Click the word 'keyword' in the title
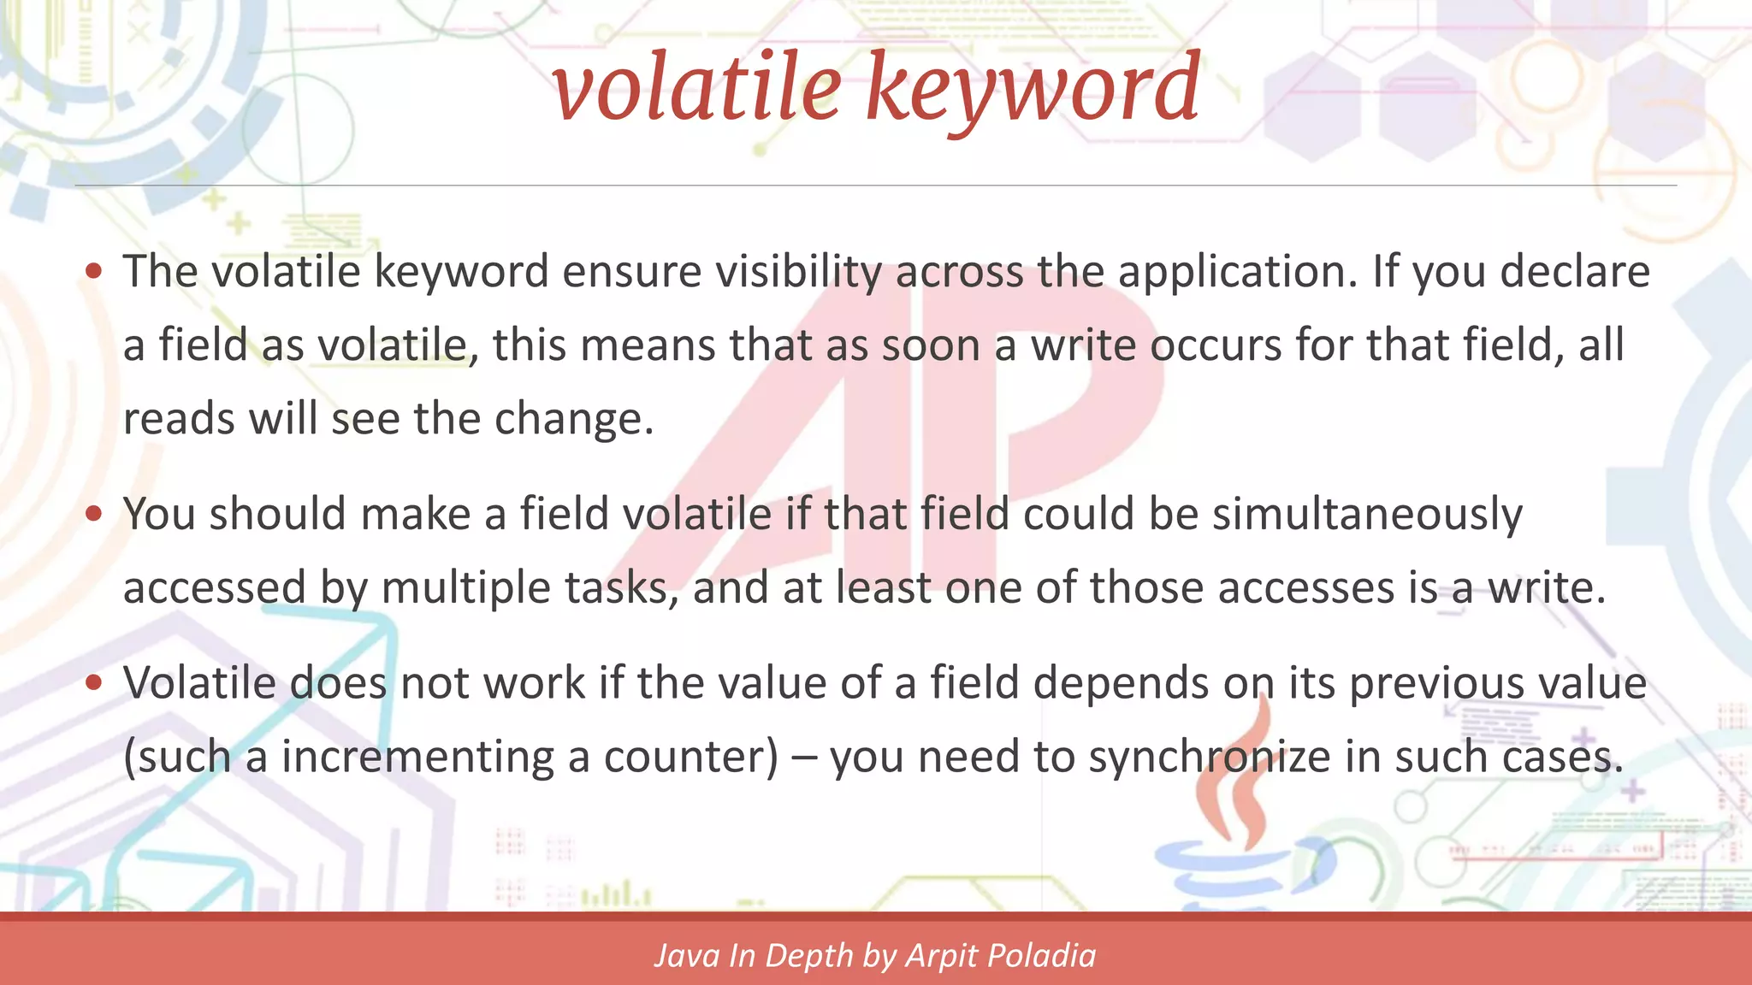(x=1033, y=88)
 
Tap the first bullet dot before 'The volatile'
(x=94, y=272)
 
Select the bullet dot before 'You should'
(x=94, y=514)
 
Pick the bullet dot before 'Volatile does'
(x=94, y=683)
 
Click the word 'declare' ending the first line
(x=1575, y=272)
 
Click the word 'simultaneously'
(x=1367, y=515)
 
